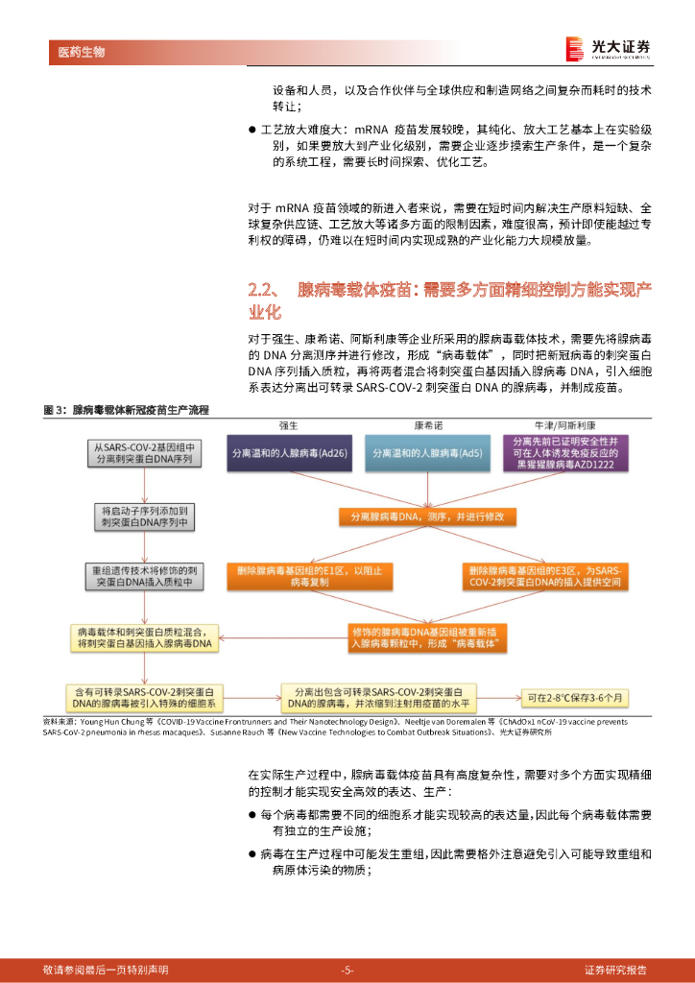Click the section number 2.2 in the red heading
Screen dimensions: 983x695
(262, 290)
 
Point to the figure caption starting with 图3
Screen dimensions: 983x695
(127, 411)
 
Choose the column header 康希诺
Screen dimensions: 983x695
(427, 424)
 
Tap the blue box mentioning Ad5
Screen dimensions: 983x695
(427, 451)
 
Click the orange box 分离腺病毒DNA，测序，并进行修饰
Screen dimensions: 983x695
(427, 516)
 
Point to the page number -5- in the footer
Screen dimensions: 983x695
(347, 970)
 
